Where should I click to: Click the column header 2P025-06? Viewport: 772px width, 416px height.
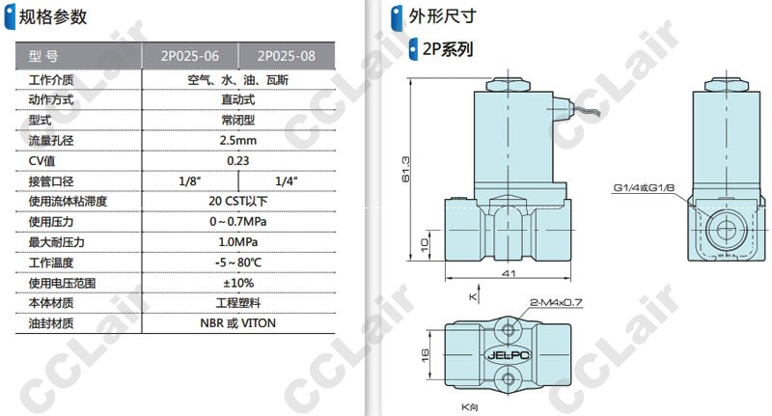[x=189, y=56]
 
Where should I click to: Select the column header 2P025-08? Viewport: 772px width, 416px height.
[x=286, y=56]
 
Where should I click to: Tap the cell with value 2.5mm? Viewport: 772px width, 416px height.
[x=237, y=140]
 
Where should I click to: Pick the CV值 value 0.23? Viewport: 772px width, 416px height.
[x=237, y=161]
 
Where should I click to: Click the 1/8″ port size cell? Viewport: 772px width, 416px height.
[x=190, y=181]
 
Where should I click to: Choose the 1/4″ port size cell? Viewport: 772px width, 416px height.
[x=286, y=181]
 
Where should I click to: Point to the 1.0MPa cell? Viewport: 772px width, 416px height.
[x=237, y=242]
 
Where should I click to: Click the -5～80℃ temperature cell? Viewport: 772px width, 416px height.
[x=237, y=263]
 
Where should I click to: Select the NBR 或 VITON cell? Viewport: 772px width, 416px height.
[x=237, y=323]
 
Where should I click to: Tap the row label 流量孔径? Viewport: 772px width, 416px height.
[x=51, y=140]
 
